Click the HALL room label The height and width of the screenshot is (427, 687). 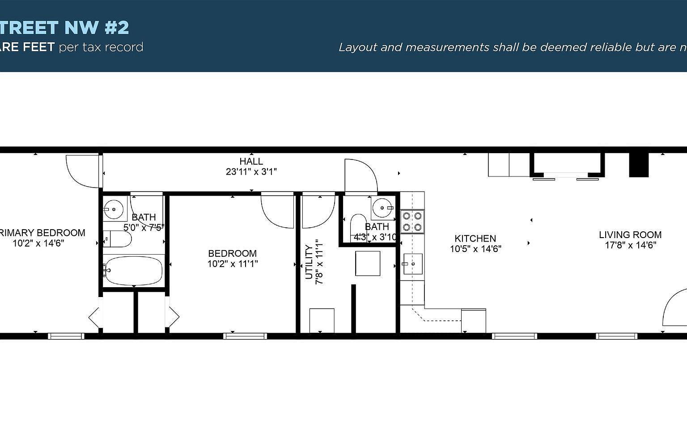point(251,161)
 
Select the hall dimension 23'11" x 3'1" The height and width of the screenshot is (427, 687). point(251,172)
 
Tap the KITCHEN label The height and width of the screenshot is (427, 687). point(475,239)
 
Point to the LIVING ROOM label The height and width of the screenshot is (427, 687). point(630,234)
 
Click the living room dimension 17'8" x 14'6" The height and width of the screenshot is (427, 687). point(630,245)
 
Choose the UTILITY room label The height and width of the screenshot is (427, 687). point(309,262)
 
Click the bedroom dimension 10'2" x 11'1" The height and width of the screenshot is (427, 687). point(232,264)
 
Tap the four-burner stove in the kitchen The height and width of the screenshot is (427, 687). point(412,221)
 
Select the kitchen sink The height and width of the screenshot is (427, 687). point(412,264)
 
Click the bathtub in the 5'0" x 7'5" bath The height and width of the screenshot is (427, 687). point(133,271)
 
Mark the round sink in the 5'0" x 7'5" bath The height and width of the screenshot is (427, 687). point(114,209)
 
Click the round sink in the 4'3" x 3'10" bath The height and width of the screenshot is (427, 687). point(382,208)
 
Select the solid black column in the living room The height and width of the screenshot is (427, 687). point(639,165)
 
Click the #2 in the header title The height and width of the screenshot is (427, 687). point(117,28)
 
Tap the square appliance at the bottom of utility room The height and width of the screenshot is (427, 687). point(322,320)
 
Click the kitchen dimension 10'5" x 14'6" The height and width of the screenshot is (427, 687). point(475,249)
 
